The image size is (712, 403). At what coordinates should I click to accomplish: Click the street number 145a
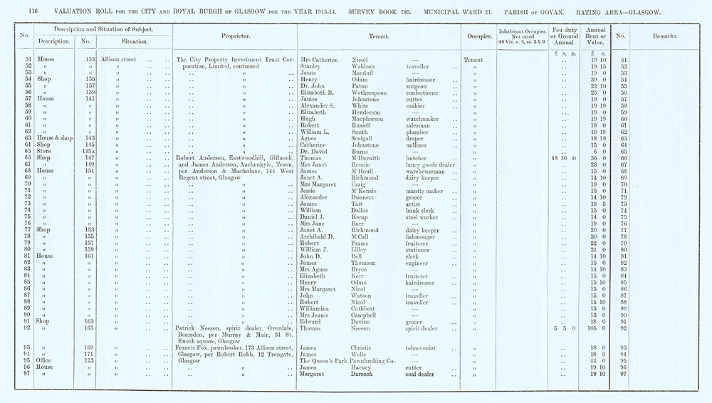(x=88, y=152)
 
